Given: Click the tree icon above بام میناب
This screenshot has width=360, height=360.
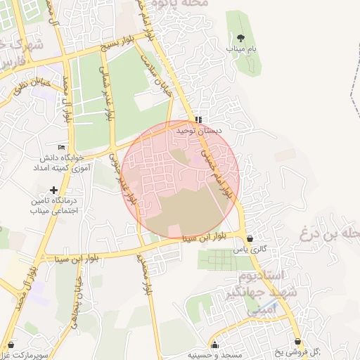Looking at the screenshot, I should point(240,37).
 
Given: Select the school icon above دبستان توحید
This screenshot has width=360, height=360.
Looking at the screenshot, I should point(199,120).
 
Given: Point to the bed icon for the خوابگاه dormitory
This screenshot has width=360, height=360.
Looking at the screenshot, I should point(62,147).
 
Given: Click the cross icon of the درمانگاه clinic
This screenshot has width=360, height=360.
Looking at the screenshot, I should point(54,190).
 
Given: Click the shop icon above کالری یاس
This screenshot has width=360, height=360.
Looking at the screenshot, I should point(250,238).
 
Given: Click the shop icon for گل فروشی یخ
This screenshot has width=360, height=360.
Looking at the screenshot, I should point(297,342).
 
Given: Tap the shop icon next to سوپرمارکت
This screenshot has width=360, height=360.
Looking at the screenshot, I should point(11,345).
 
